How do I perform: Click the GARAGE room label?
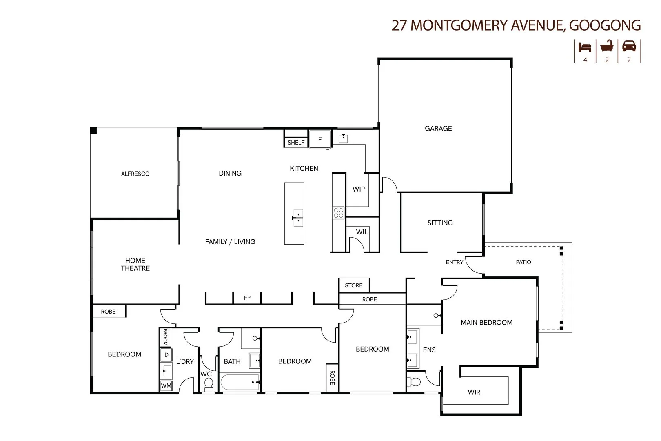pyautogui.click(x=438, y=128)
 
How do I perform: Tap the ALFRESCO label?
pyautogui.click(x=135, y=174)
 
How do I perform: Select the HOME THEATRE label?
pyautogui.click(x=135, y=264)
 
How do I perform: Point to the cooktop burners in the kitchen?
pyautogui.click(x=339, y=213)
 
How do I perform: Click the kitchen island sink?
pyautogui.click(x=298, y=218)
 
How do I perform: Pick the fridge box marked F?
pyautogui.click(x=320, y=139)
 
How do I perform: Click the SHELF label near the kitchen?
pyautogui.click(x=296, y=143)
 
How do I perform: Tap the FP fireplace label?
pyautogui.click(x=247, y=298)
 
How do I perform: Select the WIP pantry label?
pyautogui.click(x=359, y=189)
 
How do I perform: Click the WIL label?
pyautogui.click(x=362, y=232)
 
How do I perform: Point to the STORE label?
pyautogui.click(x=354, y=285)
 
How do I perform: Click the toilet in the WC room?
pyautogui.click(x=209, y=384)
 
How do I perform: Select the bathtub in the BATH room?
pyautogui.click(x=240, y=383)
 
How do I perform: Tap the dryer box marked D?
pyautogui.click(x=166, y=355)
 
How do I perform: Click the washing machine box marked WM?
pyautogui.click(x=166, y=385)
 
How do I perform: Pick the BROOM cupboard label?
pyautogui.click(x=165, y=337)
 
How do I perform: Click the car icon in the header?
pyautogui.click(x=629, y=46)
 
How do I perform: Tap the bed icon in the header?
pyautogui.click(x=585, y=47)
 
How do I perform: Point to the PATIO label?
pyautogui.click(x=523, y=262)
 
